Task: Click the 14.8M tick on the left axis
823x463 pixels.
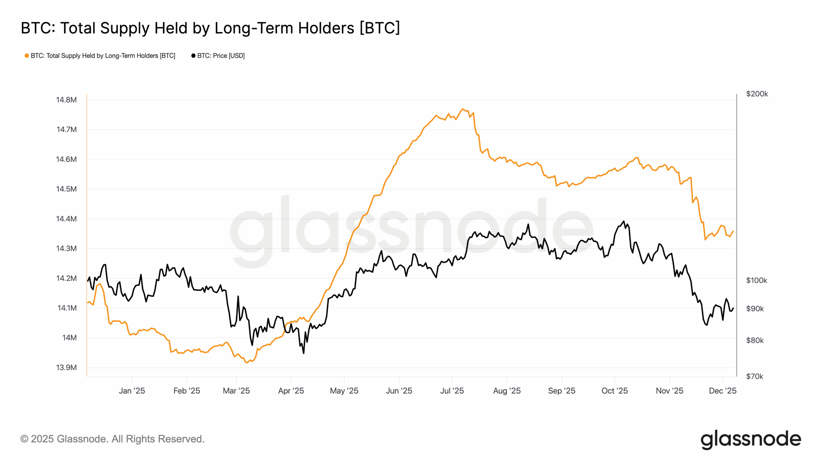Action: click(x=66, y=100)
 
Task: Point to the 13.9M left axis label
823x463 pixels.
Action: click(x=66, y=367)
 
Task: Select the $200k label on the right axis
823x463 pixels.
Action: click(x=757, y=94)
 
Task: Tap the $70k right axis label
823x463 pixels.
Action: click(x=755, y=376)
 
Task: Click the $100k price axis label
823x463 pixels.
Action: click(x=756, y=280)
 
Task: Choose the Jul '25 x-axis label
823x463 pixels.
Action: click(x=452, y=391)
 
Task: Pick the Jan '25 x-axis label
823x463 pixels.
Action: click(x=132, y=391)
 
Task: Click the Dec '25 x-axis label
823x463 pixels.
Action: click(x=722, y=391)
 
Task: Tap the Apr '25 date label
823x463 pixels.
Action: click(x=291, y=391)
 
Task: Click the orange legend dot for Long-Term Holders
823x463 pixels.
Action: click(x=27, y=56)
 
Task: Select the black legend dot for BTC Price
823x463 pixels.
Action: click(x=193, y=56)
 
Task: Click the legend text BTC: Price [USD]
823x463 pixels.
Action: click(x=221, y=56)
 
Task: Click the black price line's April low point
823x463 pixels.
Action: click(x=303, y=353)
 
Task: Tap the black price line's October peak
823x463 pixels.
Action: click(x=624, y=221)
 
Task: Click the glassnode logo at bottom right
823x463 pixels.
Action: click(x=751, y=439)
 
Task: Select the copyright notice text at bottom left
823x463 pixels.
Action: click(x=113, y=439)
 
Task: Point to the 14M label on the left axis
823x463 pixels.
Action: click(x=69, y=338)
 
